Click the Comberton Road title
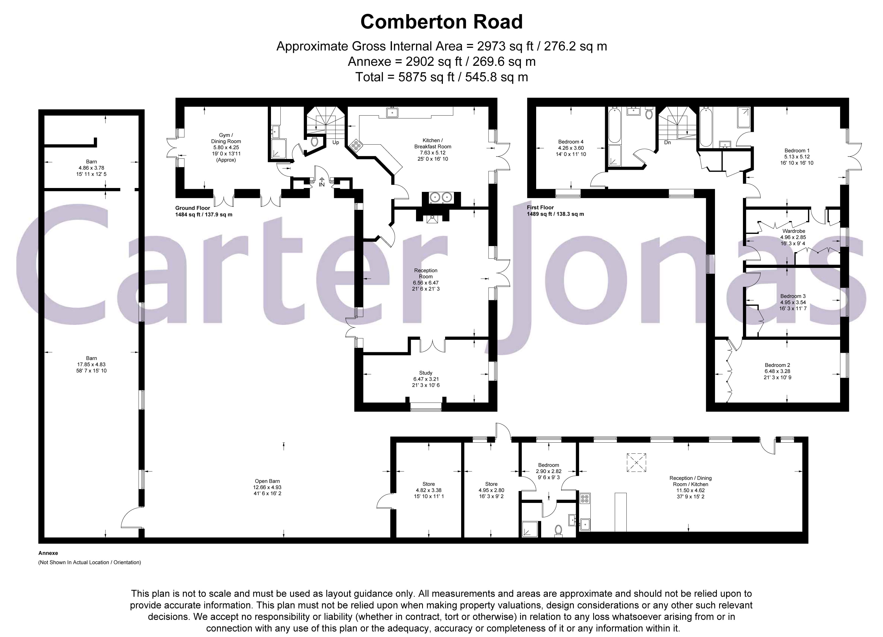[441, 22]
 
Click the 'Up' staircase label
[335, 142]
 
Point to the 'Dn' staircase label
[667, 142]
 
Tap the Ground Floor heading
[192, 208]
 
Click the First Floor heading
[540, 208]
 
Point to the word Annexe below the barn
[48, 553]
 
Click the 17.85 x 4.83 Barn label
[92, 364]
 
